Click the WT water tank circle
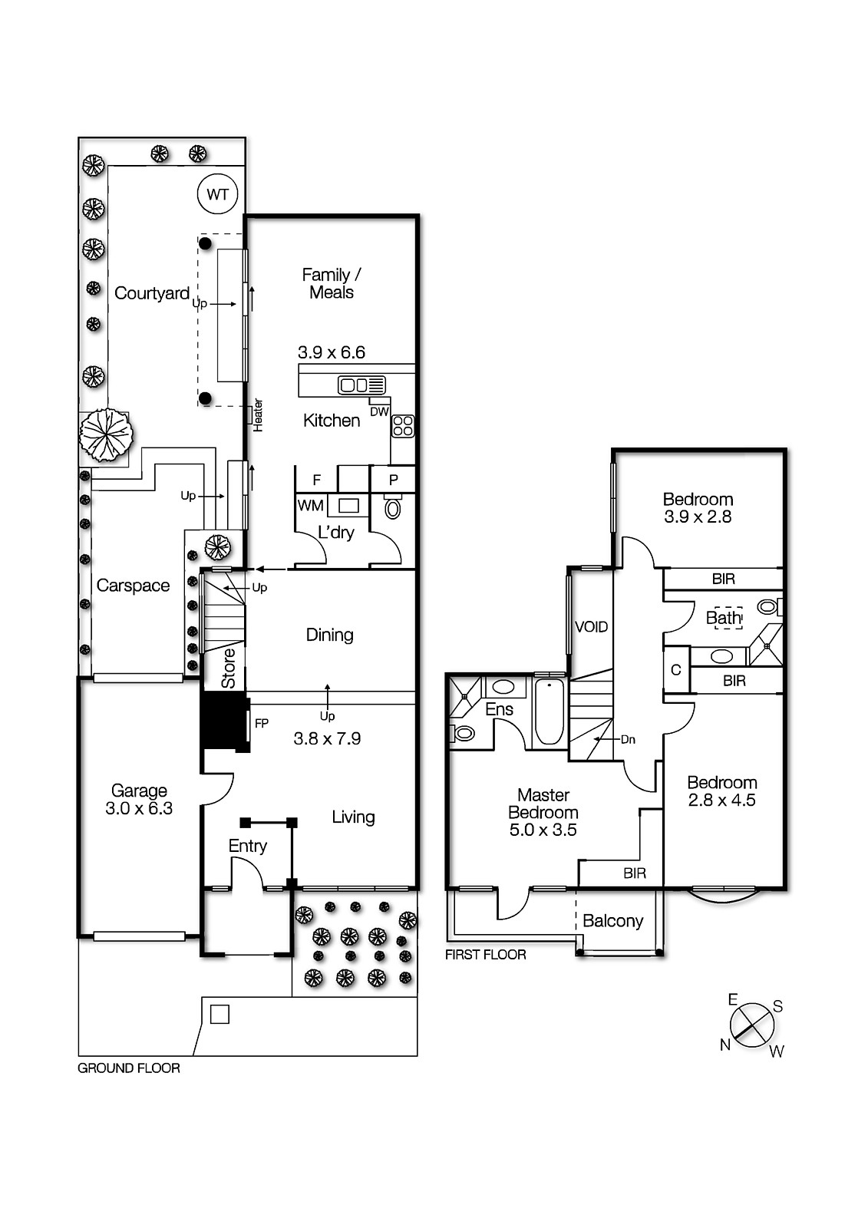click(218, 194)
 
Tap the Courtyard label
click(152, 293)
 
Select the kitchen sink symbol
click(361, 385)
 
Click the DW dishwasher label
click(379, 411)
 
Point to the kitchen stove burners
click(403, 426)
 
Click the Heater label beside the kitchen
click(258, 414)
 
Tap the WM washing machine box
click(311, 506)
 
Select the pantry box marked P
click(393, 480)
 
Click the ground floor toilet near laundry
click(393, 507)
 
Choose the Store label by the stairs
click(229, 668)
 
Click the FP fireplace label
click(262, 723)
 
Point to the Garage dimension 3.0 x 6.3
click(139, 808)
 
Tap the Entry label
click(247, 846)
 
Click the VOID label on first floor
click(591, 627)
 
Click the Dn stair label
click(628, 740)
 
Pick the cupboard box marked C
click(675, 670)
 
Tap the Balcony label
click(612, 921)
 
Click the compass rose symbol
click(751, 1025)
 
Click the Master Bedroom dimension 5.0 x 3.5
click(543, 830)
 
